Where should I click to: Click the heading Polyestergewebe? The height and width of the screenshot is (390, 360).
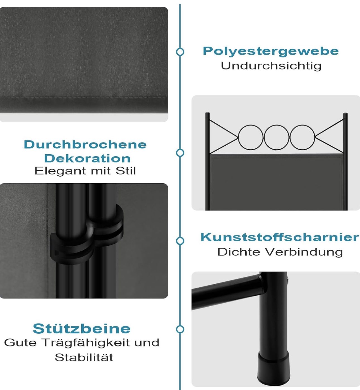(x=271, y=51)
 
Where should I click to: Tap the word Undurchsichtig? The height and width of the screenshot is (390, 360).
(x=271, y=66)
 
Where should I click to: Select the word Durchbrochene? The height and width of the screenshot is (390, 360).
(x=85, y=145)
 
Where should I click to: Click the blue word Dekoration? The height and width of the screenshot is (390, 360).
(x=87, y=158)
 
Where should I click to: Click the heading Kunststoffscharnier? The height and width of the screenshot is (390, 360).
(x=280, y=237)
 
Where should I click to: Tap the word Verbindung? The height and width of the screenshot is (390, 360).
(x=304, y=252)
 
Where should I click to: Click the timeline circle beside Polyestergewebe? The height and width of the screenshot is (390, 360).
(x=180, y=52)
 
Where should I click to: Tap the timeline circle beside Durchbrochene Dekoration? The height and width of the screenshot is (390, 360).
(x=180, y=153)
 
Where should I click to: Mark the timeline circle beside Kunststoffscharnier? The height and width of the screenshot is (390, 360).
(x=180, y=241)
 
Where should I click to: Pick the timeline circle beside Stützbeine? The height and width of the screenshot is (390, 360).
(x=180, y=329)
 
